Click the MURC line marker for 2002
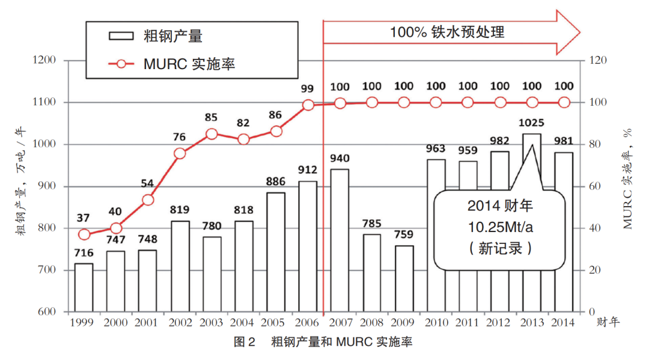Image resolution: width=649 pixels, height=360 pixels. [180, 153]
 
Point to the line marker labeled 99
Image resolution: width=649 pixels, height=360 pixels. [308, 105]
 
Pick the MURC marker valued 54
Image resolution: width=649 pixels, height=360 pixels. [148, 200]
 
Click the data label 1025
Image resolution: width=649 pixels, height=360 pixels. [532, 123]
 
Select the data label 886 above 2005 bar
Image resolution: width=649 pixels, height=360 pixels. [276, 182]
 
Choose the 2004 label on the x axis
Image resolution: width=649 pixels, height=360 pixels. [243, 323]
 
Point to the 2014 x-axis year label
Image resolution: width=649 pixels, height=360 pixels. [564, 323]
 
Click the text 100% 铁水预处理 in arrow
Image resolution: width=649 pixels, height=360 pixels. [447, 32]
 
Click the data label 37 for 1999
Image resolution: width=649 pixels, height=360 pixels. [84, 217]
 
